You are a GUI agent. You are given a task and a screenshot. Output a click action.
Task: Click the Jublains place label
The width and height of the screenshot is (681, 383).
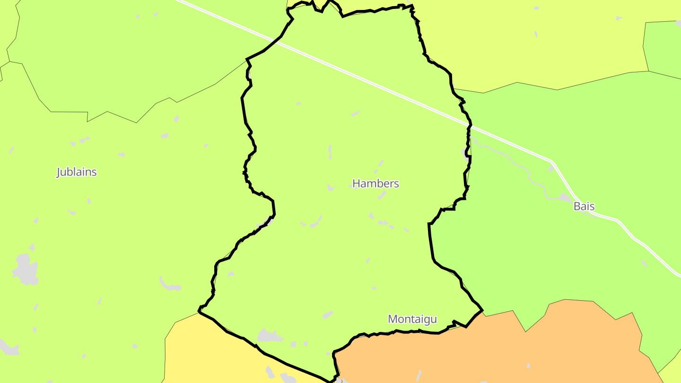point(77,172)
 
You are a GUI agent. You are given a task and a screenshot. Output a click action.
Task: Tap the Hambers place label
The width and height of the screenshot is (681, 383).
point(375,183)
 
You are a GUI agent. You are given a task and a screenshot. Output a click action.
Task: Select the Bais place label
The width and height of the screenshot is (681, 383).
point(584,206)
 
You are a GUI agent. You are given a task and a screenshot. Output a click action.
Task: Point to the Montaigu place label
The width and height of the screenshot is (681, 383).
point(412,319)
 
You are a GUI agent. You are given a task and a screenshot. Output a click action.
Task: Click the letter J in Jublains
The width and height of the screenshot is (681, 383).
point(59,172)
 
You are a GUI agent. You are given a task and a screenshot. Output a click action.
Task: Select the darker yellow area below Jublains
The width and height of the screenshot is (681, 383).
point(213,355)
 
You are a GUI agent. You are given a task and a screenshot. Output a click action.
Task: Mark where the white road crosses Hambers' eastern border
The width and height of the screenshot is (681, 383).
point(470,126)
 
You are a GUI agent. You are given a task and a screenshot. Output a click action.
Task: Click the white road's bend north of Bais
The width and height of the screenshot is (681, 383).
point(551,163)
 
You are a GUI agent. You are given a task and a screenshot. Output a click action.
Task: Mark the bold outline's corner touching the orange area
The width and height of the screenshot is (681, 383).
point(481,311)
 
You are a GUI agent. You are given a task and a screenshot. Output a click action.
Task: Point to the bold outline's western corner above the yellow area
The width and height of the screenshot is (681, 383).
point(199,312)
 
